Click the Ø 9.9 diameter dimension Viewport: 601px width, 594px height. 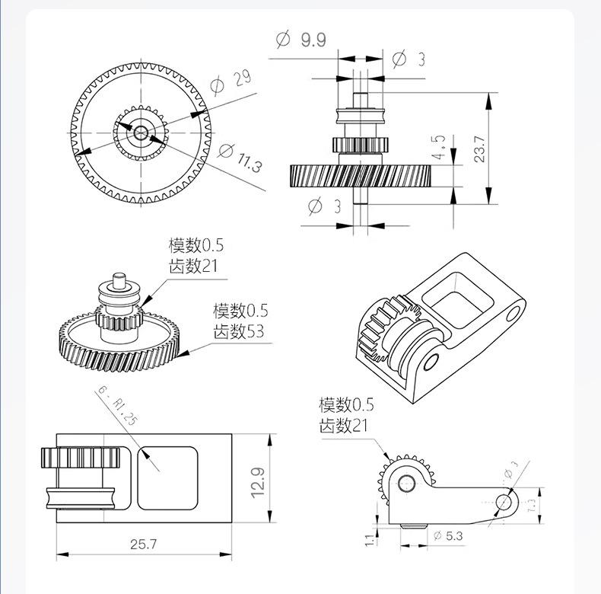click(302, 38)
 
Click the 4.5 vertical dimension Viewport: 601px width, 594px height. click(440, 148)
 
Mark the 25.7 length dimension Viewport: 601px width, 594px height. click(143, 544)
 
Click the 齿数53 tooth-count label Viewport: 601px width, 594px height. click(240, 331)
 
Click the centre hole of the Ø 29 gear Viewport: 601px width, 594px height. click(141, 132)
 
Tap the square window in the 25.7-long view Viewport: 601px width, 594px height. click(168, 477)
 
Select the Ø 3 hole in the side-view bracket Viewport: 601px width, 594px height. click(503, 502)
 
